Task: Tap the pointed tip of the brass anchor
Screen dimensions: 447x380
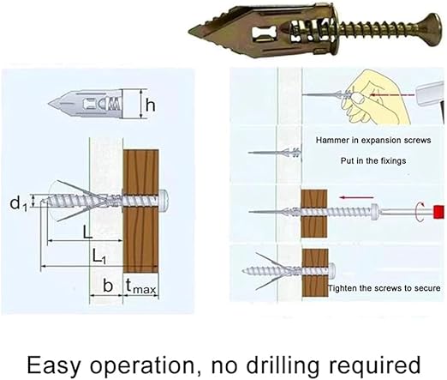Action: click(189, 30)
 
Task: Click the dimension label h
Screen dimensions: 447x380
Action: click(151, 105)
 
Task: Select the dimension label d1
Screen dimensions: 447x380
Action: click(18, 203)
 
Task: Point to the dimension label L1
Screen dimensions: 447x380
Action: click(99, 256)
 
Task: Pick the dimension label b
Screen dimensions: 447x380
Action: click(108, 286)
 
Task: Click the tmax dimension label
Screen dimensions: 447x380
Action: click(141, 287)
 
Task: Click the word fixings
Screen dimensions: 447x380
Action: click(393, 160)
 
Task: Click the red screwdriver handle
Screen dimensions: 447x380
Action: click(439, 212)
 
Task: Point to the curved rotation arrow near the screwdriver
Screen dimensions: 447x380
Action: click(420, 212)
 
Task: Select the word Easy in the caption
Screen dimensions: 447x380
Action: click(54, 365)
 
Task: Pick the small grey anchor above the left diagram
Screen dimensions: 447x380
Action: click(86, 104)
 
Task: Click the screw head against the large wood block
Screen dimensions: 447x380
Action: click(164, 200)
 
